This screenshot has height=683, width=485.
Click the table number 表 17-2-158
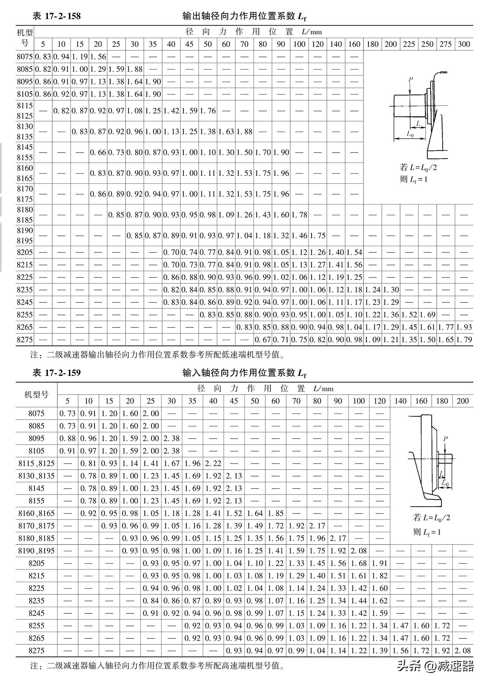57,16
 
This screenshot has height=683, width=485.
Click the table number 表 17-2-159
57,373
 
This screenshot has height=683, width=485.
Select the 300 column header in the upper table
464,44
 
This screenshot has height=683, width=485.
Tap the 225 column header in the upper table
409,44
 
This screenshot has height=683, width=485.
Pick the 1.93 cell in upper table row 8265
464,327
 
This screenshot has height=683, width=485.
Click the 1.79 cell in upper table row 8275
464,340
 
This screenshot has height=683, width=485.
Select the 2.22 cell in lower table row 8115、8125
213,464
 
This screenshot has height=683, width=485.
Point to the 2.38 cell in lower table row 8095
171,439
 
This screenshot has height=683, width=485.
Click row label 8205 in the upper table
25,252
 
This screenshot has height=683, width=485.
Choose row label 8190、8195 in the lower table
36,551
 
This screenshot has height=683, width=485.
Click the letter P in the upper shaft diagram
410,80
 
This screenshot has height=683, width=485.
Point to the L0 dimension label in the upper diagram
410,134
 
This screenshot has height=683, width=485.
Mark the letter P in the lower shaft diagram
445,439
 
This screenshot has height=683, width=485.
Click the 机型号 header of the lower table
36,395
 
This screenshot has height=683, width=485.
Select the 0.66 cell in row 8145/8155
98,153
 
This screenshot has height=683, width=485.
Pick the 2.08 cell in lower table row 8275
463,651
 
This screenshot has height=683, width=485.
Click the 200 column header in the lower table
463,401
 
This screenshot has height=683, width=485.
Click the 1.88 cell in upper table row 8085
134,69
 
